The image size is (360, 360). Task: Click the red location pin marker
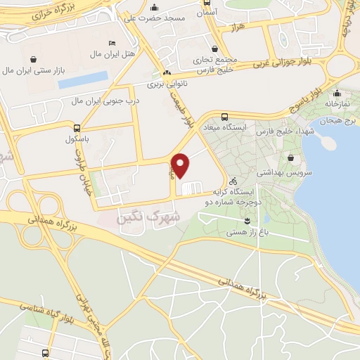coord(181,165)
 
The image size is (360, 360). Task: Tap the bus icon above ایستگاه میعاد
coord(224,117)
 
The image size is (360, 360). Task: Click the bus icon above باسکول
coord(77,128)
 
